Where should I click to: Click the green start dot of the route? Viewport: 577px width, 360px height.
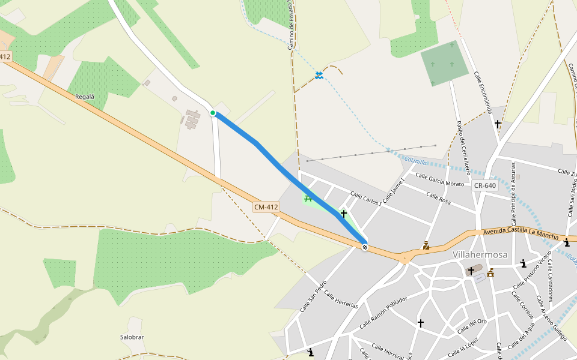[x=213, y=113]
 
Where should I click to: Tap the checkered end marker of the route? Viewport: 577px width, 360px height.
[x=365, y=247]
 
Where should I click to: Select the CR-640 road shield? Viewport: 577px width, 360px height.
[x=485, y=185]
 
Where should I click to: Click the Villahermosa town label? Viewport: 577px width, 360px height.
[x=480, y=254]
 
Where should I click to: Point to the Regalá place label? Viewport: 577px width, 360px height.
[x=85, y=97]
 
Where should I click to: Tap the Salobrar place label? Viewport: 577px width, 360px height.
[x=132, y=337]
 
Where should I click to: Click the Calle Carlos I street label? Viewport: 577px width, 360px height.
[x=365, y=199]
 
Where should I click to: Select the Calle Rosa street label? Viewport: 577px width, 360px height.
[x=438, y=199]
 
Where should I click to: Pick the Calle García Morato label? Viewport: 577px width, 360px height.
[x=440, y=181]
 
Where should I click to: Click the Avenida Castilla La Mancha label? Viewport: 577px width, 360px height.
[x=521, y=231]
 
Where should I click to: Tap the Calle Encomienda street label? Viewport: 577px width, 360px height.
[x=483, y=92]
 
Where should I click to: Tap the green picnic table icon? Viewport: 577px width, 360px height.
[x=308, y=198]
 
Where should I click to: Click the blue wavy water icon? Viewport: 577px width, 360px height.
[x=319, y=75]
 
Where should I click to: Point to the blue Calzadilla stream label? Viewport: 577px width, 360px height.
[x=415, y=161]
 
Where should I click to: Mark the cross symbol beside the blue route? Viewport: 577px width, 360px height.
[x=344, y=213]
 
